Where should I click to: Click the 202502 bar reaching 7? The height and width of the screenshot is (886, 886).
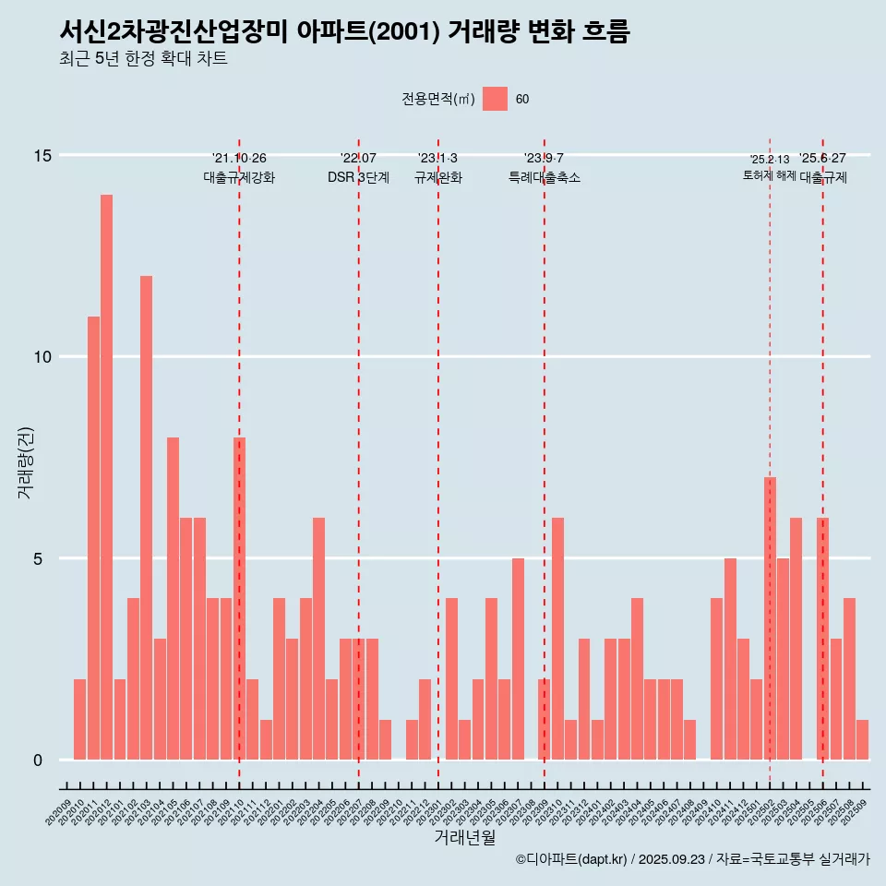click(x=770, y=618)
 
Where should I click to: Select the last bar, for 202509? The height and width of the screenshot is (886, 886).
click(x=862, y=739)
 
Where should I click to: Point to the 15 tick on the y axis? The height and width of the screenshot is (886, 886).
click(x=42, y=155)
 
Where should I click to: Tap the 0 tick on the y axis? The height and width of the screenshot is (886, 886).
click(x=38, y=760)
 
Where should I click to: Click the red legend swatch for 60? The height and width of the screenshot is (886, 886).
click(x=495, y=99)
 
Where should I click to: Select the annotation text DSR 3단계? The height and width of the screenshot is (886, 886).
click(x=358, y=178)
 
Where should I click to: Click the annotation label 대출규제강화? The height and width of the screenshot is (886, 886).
click(x=239, y=178)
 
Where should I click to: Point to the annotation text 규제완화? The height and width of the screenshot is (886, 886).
click(x=437, y=178)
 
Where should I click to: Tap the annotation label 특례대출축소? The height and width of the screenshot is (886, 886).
click(x=544, y=178)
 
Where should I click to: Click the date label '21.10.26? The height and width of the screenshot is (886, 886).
click(x=239, y=159)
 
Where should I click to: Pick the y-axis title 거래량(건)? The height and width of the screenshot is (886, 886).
click(x=25, y=461)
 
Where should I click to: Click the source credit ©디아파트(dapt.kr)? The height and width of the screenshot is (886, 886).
click(x=572, y=859)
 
